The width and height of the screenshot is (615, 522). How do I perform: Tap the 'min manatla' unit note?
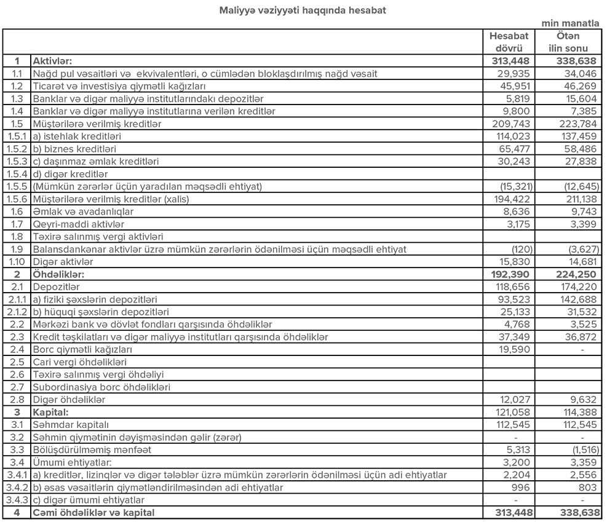570,23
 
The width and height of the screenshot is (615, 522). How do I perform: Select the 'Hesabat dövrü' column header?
509,42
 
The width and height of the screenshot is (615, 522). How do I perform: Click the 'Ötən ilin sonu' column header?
568,42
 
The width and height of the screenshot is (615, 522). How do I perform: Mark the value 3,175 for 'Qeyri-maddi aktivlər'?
521,224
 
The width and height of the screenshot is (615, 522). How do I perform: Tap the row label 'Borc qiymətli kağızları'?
82,349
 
